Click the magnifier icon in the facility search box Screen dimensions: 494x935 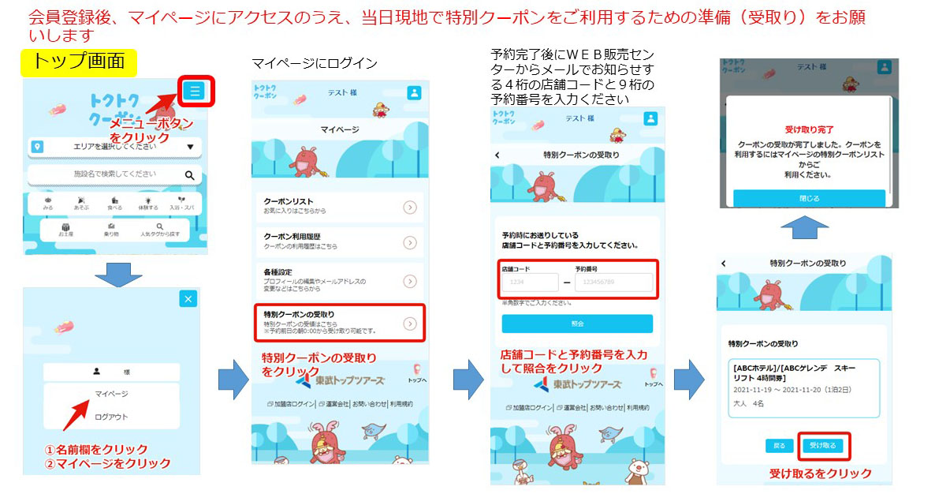(189, 175)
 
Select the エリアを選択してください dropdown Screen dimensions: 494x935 (114, 147)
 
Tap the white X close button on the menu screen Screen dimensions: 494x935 (188, 298)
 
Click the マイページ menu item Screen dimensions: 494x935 (111, 393)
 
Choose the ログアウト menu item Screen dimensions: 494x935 (111, 417)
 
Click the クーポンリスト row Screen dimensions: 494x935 (339, 207)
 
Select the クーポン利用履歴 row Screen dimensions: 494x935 (339, 242)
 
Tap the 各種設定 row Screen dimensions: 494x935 (339, 281)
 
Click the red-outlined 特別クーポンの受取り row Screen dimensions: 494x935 (339, 323)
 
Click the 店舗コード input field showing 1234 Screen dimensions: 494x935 (527, 283)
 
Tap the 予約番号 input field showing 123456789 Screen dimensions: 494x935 (613, 283)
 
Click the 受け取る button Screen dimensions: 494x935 (824, 446)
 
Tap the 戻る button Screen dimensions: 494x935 (779, 446)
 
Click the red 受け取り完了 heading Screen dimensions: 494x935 (809, 129)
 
